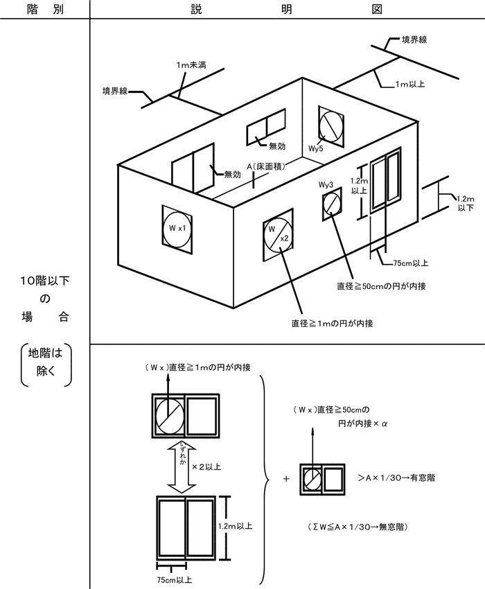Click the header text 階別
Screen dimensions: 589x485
coord(44,9)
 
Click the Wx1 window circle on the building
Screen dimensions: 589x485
coord(177,227)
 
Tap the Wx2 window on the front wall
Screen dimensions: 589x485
coord(279,236)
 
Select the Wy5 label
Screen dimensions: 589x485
coord(317,148)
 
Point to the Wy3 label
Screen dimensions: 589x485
coord(326,185)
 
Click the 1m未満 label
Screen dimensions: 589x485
coord(191,65)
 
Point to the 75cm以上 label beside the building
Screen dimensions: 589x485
coord(410,263)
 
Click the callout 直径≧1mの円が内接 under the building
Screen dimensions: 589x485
coord(333,323)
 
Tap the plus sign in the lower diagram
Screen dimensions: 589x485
coord(286,479)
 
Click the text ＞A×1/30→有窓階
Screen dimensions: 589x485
coord(396,478)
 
